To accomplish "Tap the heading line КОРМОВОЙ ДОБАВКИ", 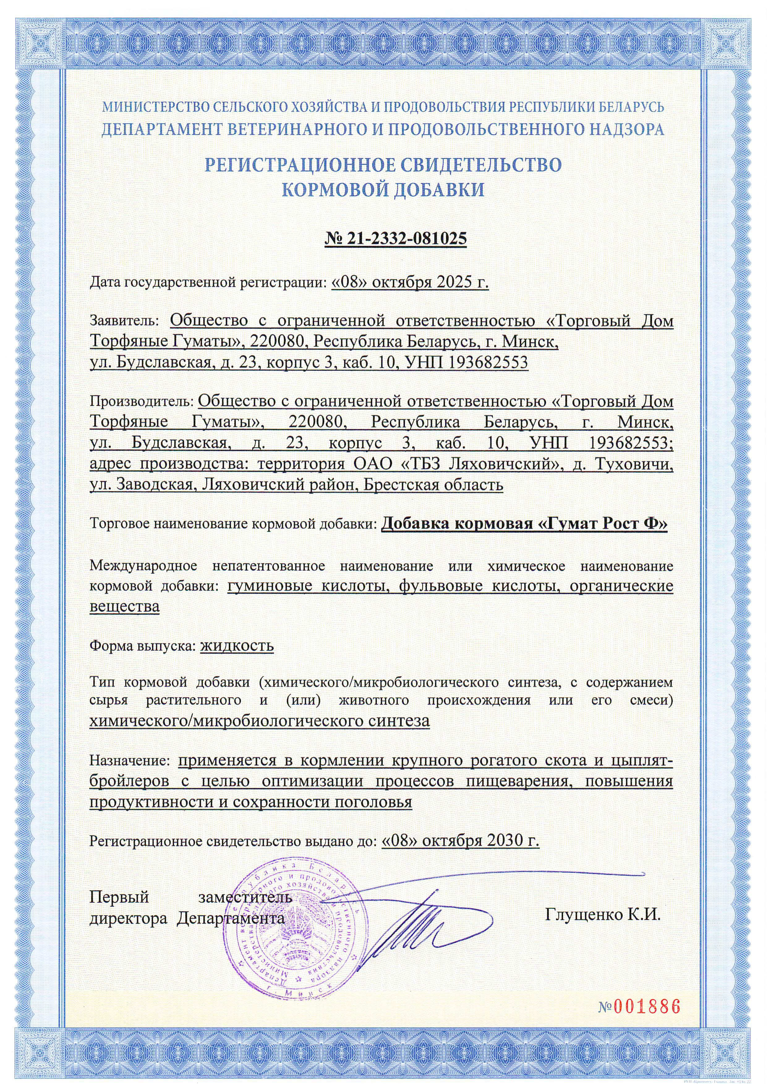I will click(383, 190).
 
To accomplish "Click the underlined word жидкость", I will click(237, 646).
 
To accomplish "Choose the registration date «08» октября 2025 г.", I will click(410, 282).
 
